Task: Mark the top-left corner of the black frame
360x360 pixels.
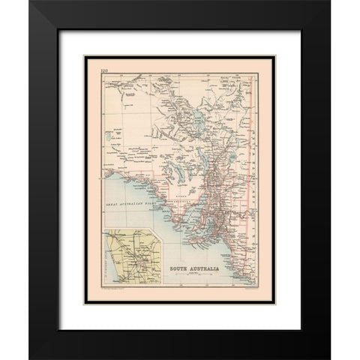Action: (32, 4)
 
